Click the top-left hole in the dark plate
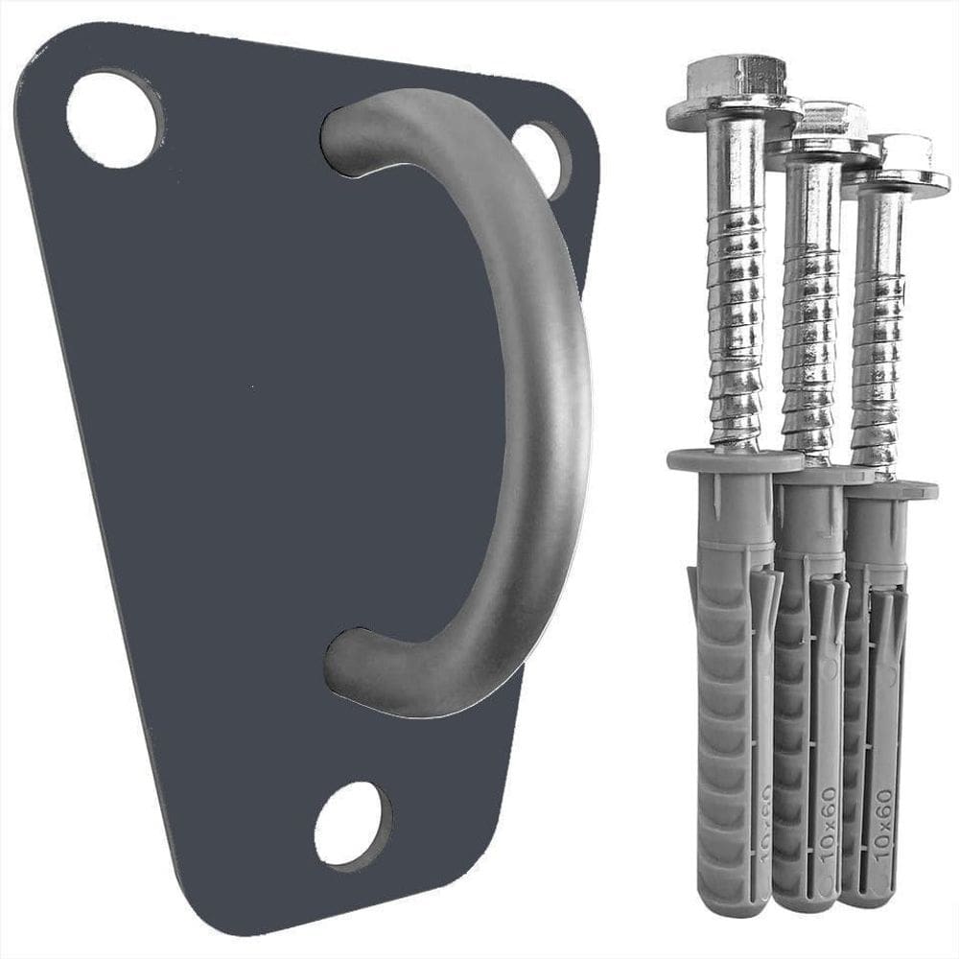click(x=114, y=119)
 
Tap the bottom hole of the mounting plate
click(x=353, y=825)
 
